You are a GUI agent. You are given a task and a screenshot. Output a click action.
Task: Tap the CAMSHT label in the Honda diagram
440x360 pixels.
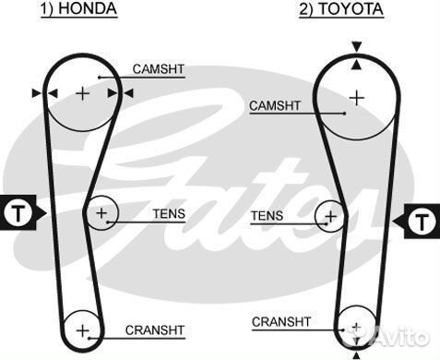[x=158, y=68]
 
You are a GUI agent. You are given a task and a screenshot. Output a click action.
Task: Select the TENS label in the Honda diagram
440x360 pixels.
[x=169, y=213]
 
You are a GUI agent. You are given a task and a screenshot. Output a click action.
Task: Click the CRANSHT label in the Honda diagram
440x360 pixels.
[x=155, y=330]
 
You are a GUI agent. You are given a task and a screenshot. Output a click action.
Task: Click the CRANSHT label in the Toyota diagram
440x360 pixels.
[x=281, y=321]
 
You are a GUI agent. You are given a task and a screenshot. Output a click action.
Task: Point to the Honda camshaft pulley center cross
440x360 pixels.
[x=83, y=92]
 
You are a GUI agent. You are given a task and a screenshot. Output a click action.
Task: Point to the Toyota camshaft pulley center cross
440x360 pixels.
[x=356, y=96]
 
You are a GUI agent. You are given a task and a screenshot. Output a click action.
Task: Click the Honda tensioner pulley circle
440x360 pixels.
[x=101, y=215]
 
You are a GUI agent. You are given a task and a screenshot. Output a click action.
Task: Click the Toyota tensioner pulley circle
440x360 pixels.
[x=329, y=219]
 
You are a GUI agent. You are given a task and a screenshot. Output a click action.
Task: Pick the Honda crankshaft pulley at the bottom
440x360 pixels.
[x=83, y=330]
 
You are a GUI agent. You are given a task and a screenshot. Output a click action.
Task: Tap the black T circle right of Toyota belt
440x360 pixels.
[x=421, y=221]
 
